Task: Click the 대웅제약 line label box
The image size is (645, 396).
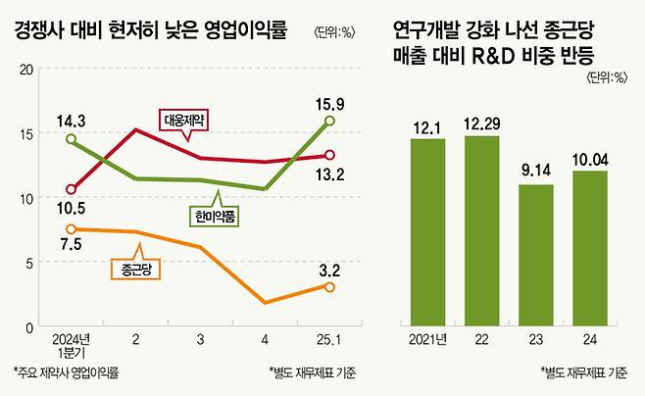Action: (x=187, y=121)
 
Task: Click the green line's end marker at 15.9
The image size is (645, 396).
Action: (x=329, y=121)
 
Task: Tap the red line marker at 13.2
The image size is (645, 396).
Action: (x=329, y=155)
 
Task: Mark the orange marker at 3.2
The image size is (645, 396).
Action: (x=329, y=286)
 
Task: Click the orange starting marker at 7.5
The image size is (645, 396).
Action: (x=71, y=229)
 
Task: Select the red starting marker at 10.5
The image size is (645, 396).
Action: (x=71, y=189)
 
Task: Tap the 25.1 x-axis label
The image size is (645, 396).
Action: (x=329, y=339)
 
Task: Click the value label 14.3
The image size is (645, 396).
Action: (x=71, y=122)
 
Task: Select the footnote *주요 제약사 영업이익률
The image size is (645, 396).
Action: (x=67, y=372)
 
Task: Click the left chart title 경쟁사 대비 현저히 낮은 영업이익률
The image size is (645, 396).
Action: (x=150, y=30)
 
